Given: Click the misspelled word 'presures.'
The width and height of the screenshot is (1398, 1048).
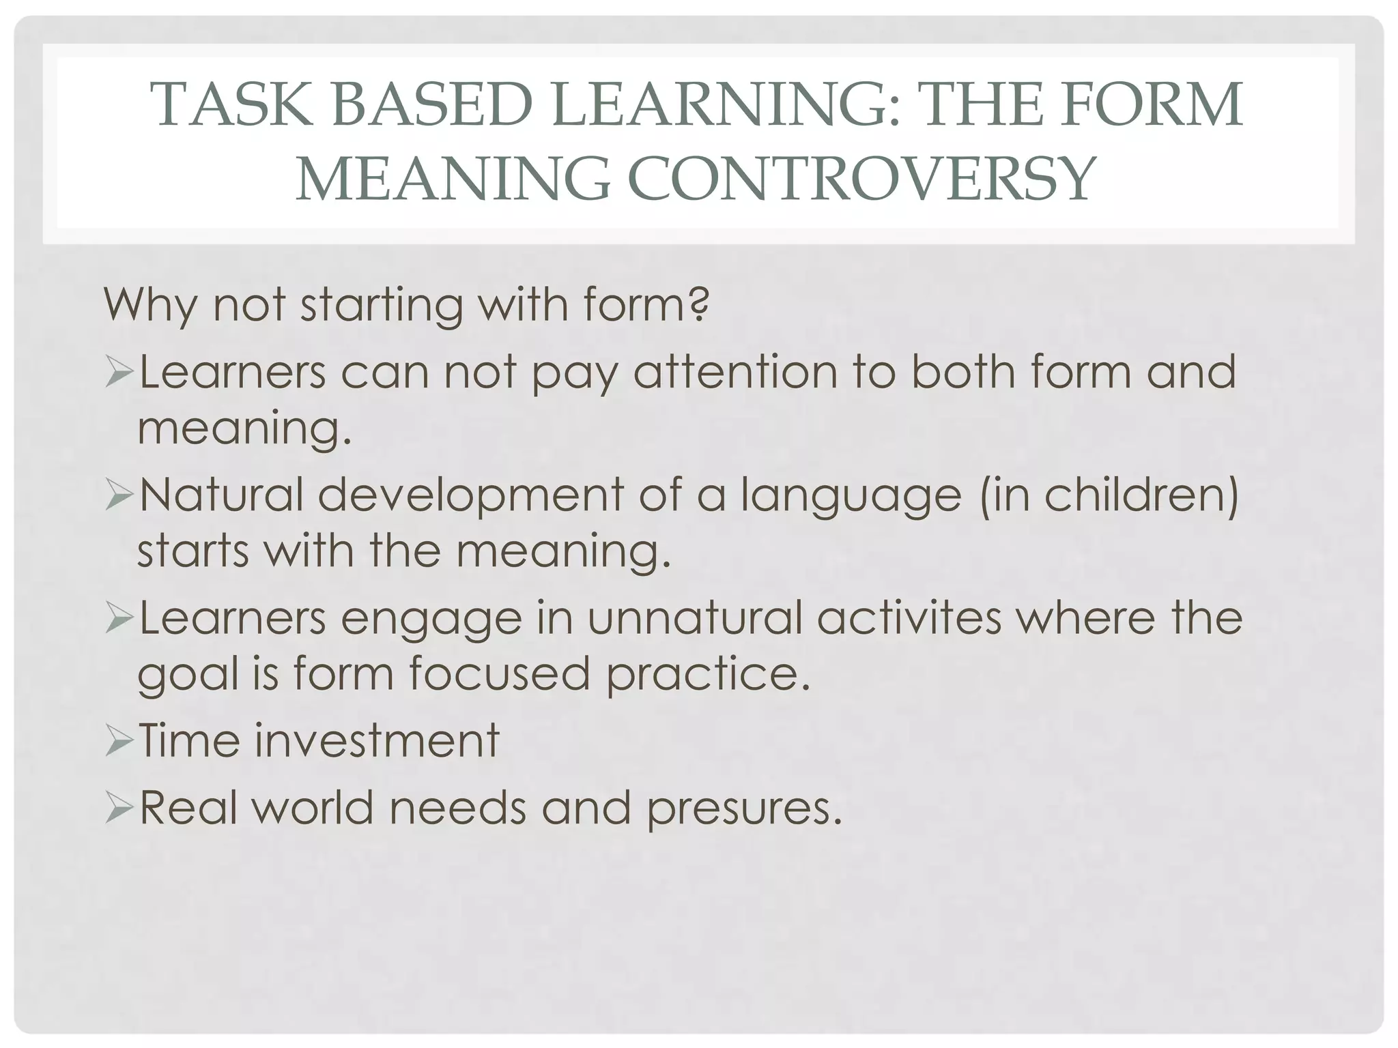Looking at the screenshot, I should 744,809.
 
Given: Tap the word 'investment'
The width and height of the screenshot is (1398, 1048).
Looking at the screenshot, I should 377,741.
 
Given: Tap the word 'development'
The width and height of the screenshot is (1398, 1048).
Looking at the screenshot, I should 470,497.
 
